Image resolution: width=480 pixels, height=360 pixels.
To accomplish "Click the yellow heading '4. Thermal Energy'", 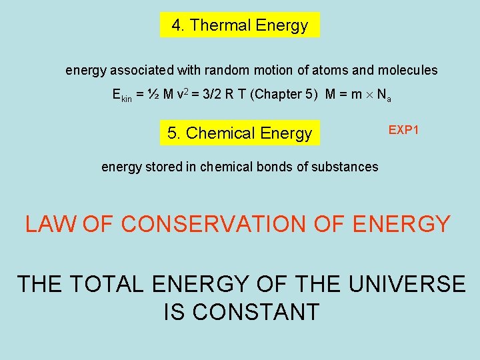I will click(x=240, y=25).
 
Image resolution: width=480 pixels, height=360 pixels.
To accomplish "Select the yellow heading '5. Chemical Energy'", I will click(x=240, y=133).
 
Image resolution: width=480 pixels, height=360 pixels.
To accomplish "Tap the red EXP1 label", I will click(x=403, y=130).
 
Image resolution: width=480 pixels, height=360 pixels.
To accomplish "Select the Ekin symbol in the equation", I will click(x=121, y=95).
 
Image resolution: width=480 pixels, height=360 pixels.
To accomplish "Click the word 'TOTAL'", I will click(x=107, y=284).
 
